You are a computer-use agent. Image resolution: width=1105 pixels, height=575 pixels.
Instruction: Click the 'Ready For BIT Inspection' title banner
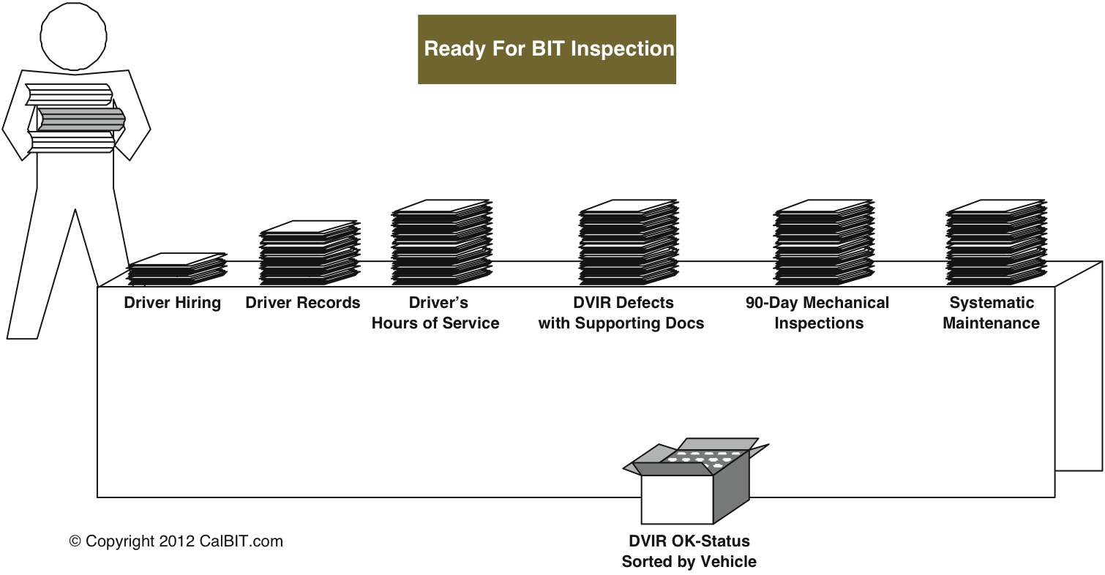547,49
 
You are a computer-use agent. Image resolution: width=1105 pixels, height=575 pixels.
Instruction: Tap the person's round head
73,36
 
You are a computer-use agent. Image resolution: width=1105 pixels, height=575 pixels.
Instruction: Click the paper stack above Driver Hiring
176,269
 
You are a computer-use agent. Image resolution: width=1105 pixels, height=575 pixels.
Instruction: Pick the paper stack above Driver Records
310,252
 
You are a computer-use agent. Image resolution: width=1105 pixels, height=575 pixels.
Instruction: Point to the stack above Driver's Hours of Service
442,242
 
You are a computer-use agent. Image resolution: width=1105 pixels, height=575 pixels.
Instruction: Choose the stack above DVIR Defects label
629,242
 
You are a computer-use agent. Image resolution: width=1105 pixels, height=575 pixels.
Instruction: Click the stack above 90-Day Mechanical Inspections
824,242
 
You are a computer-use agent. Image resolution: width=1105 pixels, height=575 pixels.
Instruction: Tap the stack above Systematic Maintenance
996,242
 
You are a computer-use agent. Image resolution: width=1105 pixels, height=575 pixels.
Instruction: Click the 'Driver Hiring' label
172,303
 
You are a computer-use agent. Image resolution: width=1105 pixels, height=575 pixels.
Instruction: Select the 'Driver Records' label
303,302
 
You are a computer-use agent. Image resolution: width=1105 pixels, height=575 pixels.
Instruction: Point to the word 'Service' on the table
471,323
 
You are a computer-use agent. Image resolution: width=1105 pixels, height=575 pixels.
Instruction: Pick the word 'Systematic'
992,303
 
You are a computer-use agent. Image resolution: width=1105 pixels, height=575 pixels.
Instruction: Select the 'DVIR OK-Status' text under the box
689,541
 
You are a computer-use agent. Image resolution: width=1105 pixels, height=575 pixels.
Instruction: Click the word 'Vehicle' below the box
728,562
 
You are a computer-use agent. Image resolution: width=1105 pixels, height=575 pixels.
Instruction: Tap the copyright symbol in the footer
75,541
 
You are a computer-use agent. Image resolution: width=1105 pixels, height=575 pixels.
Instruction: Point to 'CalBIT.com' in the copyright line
241,541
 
